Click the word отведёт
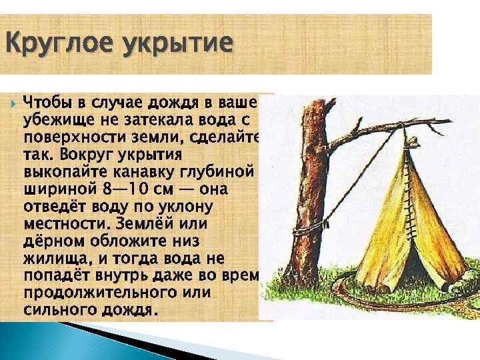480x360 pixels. (55, 207)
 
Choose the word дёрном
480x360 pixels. (48, 241)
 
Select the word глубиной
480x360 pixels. (222, 172)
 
